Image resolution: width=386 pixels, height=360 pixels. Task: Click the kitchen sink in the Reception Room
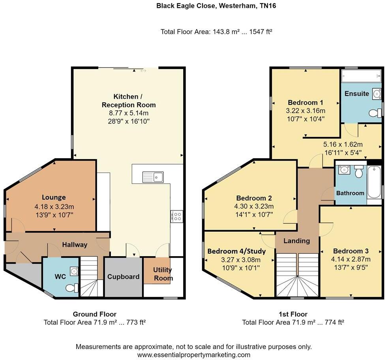[x=153, y=177]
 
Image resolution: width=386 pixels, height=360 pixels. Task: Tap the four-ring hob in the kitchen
[x=176, y=216]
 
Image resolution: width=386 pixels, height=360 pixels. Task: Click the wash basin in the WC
[x=73, y=271]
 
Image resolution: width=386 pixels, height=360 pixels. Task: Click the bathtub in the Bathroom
[x=373, y=182]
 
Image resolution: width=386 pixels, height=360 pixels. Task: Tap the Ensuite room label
[x=356, y=94]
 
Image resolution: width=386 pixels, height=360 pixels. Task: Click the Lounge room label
[x=54, y=197]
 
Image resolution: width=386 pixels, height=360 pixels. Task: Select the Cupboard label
[x=123, y=277]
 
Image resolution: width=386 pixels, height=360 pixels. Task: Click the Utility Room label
[x=163, y=274]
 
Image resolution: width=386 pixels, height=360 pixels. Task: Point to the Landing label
[x=297, y=241]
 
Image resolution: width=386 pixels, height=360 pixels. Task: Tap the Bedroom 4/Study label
[x=236, y=251]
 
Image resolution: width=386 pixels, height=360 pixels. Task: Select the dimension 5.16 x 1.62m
[x=343, y=144]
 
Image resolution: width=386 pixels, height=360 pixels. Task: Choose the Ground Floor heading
[x=94, y=314]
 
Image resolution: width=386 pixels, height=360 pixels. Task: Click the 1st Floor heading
[x=293, y=314]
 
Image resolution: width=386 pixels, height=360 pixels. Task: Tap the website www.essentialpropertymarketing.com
[x=193, y=355]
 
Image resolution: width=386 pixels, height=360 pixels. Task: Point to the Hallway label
[x=75, y=245]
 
